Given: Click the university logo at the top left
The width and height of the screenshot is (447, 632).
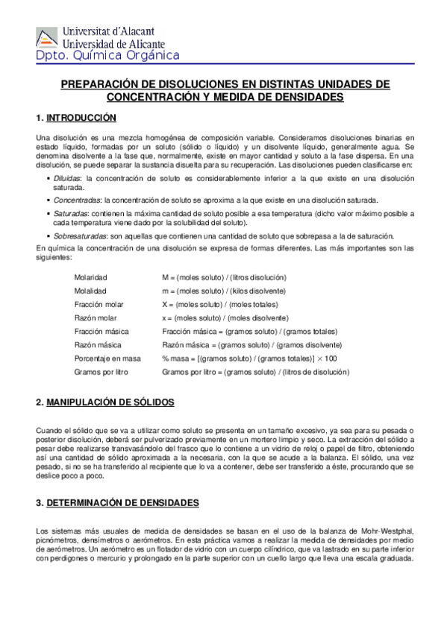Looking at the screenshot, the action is pyautogui.click(x=47, y=37).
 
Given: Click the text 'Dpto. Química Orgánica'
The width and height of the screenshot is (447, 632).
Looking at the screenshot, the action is pyautogui.click(x=107, y=55).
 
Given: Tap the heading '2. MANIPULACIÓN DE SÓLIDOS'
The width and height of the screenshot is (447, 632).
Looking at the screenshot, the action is pyautogui.click(x=105, y=402).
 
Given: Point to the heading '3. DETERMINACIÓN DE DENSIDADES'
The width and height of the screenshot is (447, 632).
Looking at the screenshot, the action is pyautogui.click(x=117, y=504).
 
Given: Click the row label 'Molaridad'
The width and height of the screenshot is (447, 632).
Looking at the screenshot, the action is pyautogui.click(x=90, y=277).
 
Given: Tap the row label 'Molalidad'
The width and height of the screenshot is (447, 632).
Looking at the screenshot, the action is pyautogui.click(x=90, y=291).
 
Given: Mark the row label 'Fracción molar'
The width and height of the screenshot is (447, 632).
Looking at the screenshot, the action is pyautogui.click(x=99, y=304).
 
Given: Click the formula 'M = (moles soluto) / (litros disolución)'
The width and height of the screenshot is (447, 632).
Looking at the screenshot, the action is pyautogui.click(x=224, y=277).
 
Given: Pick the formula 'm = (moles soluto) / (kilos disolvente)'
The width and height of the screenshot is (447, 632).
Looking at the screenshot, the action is pyautogui.click(x=224, y=291).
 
